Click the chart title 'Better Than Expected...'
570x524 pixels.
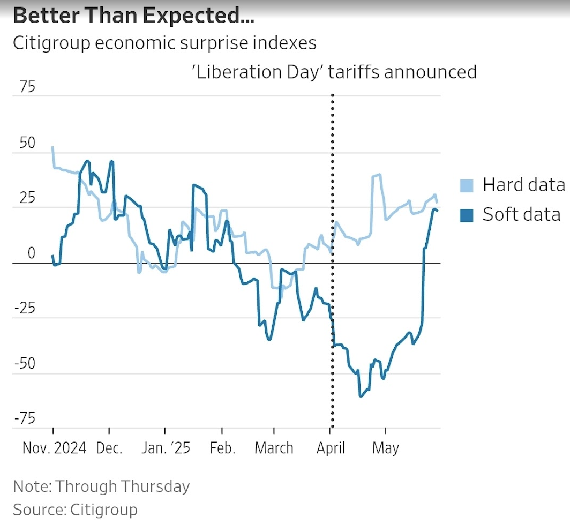coord(133,17)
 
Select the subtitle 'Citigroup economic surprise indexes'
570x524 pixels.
coord(164,43)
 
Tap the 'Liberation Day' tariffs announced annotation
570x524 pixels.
coord(334,72)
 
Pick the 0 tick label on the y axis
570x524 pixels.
coord(31,253)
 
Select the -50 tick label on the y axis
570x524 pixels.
coord(24,364)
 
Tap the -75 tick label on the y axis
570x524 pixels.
coord(24,418)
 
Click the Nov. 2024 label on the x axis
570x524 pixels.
coord(54,448)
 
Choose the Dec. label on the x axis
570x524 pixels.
coord(109,448)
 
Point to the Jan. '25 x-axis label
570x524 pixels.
coord(165,448)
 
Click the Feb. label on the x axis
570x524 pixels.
coord(222,448)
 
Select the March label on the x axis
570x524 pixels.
coord(274,448)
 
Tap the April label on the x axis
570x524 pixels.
coord(331,448)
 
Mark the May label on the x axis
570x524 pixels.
coord(386,448)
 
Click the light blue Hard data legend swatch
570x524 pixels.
coord(467,185)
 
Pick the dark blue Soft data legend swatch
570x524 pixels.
coord(467,215)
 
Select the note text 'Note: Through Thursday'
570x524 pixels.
coord(101,486)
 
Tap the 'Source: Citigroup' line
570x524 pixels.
coord(75,509)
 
